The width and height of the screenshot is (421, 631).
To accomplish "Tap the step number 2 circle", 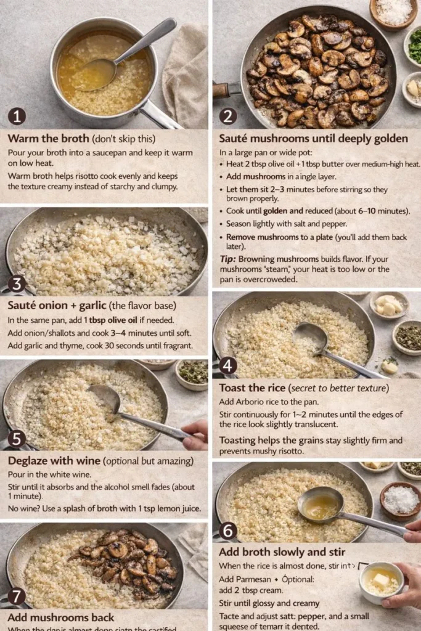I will point(228,116).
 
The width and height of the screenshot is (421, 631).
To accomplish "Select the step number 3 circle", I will point(17,284).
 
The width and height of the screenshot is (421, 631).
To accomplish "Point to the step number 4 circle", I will point(228,365).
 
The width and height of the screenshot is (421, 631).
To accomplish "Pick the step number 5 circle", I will point(17,439).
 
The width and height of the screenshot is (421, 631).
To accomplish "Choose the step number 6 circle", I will point(228,530).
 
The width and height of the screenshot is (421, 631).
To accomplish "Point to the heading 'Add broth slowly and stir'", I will point(282,552).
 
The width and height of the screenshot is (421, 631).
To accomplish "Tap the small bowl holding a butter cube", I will point(382,581).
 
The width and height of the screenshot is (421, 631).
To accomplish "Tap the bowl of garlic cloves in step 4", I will point(389,304).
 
